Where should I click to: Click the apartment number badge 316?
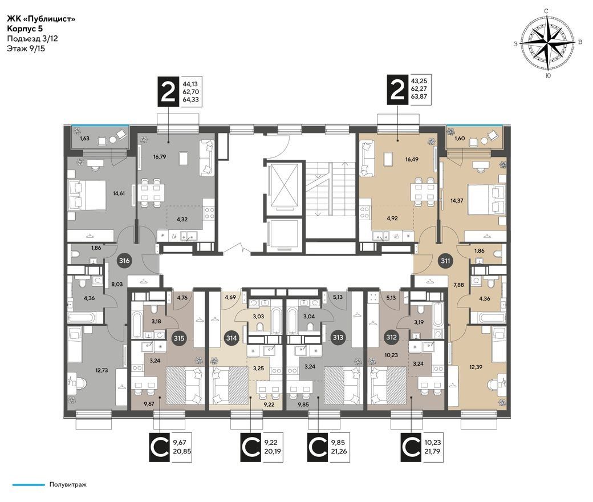click(x=124, y=261)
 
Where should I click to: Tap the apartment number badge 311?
click(x=445, y=261)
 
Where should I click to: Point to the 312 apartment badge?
click(x=391, y=337)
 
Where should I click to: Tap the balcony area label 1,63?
click(x=84, y=139)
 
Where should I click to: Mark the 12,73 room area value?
click(x=101, y=370)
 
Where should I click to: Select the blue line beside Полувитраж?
click(x=29, y=484)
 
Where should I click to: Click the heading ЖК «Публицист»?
click(x=41, y=19)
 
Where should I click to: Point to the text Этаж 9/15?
click(x=26, y=48)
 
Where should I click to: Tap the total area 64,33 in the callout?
click(x=190, y=100)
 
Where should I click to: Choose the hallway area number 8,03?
click(x=117, y=284)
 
